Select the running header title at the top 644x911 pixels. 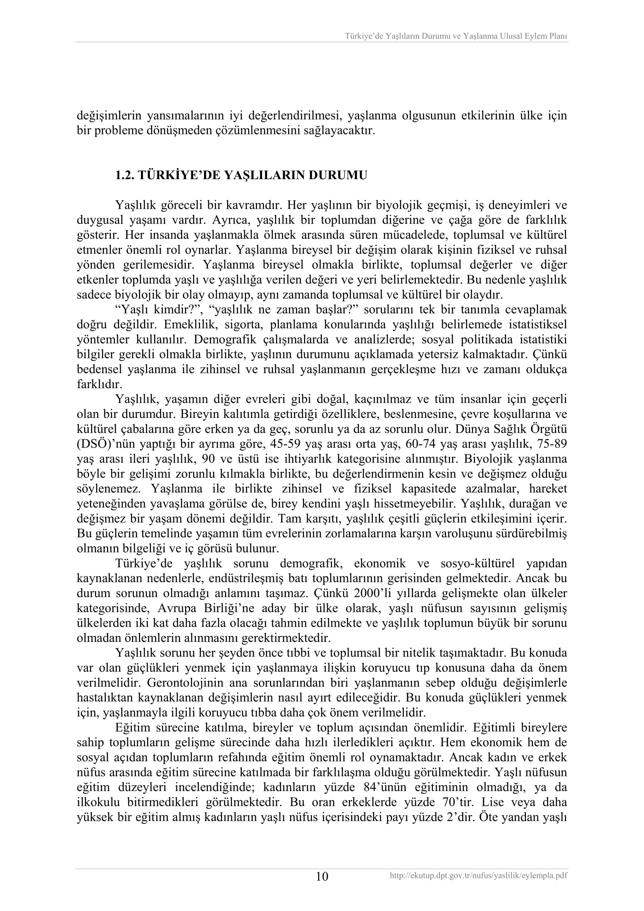coord(456,36)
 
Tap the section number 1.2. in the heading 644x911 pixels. coord(125,175)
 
